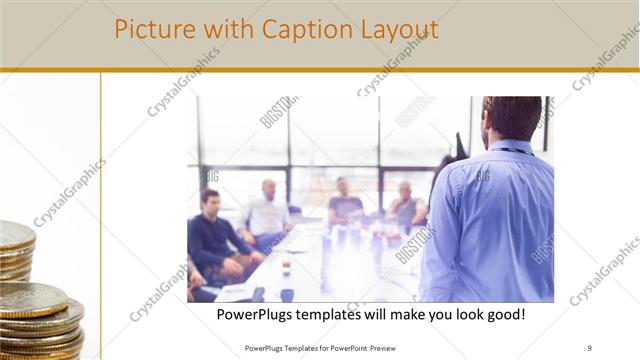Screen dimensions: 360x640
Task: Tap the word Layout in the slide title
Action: coord(399,29)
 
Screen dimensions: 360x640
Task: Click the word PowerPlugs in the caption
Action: coord(261,315)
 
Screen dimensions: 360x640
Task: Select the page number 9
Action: coord(590,347)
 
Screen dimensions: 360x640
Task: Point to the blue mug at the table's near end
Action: coord(288,294)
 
